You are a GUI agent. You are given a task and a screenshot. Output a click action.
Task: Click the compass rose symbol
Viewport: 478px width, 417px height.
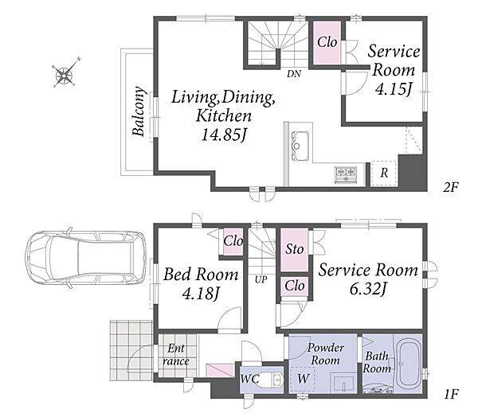coord(65,73)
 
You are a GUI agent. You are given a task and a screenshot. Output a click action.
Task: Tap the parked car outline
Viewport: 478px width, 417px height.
coord(86,259)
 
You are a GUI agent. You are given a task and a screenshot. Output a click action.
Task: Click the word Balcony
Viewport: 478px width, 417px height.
coord(139,111)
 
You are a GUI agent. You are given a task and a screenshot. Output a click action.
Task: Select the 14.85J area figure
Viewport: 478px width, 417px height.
coord(224,134)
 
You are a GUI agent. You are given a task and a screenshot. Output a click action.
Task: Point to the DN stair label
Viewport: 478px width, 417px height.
coord(293,74)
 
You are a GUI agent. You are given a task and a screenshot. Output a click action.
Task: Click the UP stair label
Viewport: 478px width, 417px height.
coord(261,279)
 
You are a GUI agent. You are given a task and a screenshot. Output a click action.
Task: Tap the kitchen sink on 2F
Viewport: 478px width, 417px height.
coord(300,146)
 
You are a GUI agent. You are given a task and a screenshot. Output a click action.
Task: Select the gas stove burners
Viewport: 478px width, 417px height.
coord(346,174)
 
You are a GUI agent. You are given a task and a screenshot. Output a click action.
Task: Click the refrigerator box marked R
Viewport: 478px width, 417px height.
coord(384,173)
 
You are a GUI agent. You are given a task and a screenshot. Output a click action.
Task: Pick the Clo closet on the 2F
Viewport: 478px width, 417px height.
coord(327,43)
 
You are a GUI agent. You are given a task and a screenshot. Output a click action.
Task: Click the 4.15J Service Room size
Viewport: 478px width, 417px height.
coord(394,89)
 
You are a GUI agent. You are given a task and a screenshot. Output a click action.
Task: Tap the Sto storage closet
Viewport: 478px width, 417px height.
coord(295,250)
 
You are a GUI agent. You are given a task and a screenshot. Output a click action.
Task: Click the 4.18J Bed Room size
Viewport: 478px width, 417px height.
coord(201,294)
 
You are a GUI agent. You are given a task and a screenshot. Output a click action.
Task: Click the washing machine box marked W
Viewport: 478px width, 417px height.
coord(303,379)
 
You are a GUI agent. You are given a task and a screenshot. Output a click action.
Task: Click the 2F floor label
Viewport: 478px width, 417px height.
coord(451,186)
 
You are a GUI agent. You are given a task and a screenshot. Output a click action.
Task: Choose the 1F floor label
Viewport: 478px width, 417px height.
coord(451,395)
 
